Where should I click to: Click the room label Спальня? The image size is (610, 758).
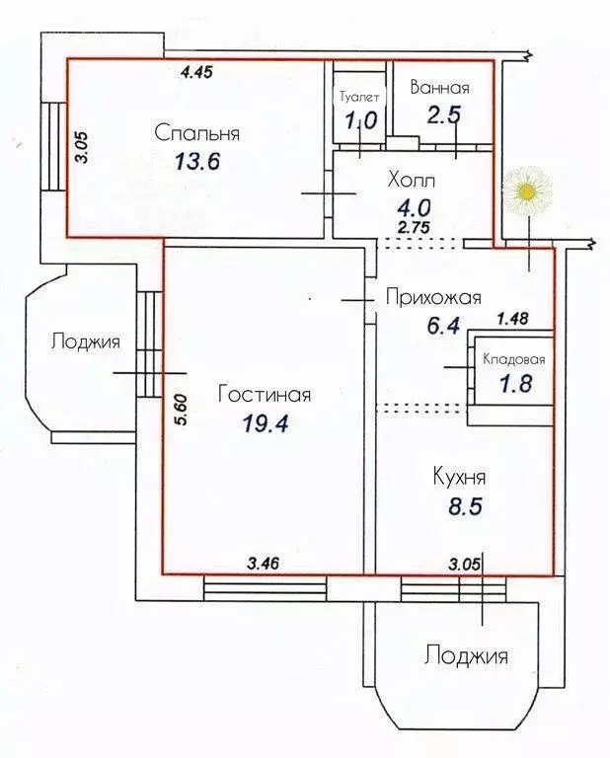point(197,132)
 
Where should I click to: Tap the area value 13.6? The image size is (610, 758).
point(197,161)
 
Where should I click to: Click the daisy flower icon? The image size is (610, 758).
point(528,189)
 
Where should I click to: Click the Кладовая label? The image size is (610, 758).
point(512,360)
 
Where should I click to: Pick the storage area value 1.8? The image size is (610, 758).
point(511,383)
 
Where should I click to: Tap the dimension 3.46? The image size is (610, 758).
point(264,564)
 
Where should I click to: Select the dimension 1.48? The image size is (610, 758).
point(512,318)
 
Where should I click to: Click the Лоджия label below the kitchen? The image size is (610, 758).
point(466,654)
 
